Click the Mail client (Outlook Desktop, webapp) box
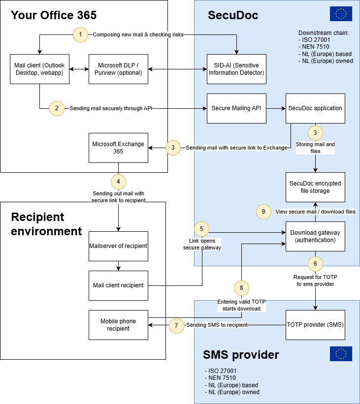coord(39,69)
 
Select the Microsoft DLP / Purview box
coord(118,69)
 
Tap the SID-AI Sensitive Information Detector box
coord(236,69)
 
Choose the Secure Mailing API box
coord(236,108)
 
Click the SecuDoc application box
coord(315,108)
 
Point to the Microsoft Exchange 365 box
coord(118,148)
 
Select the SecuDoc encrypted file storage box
coord(315,187)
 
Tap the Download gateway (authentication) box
coord(315,236)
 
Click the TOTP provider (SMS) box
coord(315,325)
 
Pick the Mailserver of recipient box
coord(118,246)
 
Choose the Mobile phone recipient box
coord(118,325)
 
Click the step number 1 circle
coord(80,34)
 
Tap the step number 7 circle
coord(176,325)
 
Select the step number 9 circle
coord(264,212)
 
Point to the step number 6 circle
coord(315,263)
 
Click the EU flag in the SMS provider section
coord(341,354)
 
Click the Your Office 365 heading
coord(54,15)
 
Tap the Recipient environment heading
coord(46,224)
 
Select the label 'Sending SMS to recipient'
coord(217,325)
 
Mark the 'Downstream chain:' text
coord(320,33)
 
